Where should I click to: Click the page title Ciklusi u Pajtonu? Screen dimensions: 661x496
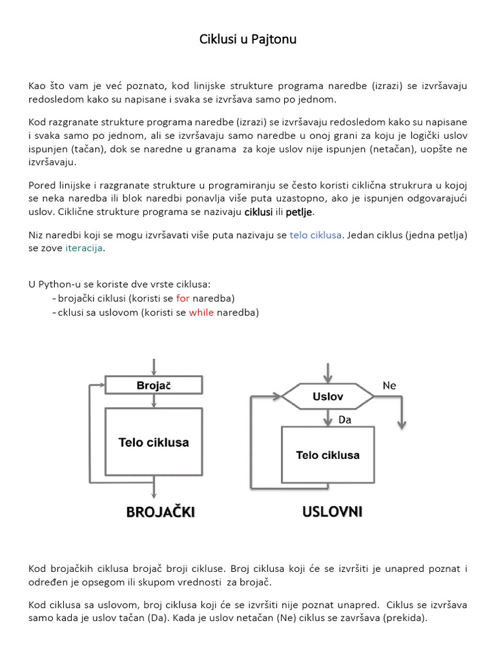coord(248,40)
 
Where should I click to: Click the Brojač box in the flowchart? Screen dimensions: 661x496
coord(154,385)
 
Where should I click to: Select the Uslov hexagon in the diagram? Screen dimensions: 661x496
coord(327,396)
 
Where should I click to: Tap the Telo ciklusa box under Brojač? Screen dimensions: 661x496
coord(154,442)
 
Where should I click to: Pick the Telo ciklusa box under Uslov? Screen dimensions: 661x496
coord(327,454)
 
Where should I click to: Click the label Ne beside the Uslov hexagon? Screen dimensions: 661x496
coord(389,385)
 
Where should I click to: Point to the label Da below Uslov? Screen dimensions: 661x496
coord(346,420)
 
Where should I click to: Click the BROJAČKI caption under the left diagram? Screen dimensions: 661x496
coord(160,512)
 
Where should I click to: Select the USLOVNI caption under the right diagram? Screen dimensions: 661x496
coord(332,511)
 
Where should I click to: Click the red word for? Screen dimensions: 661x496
coord(183,298)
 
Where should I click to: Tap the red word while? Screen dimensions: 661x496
coord(201,312)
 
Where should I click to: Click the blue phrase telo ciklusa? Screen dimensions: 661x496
coord(316,235)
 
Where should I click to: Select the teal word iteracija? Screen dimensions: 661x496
coord(84,249)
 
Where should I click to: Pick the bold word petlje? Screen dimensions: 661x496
coord(299,212)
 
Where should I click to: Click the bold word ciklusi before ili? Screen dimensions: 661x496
coord(258,212)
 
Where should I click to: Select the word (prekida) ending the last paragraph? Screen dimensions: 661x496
coord(405,617)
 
